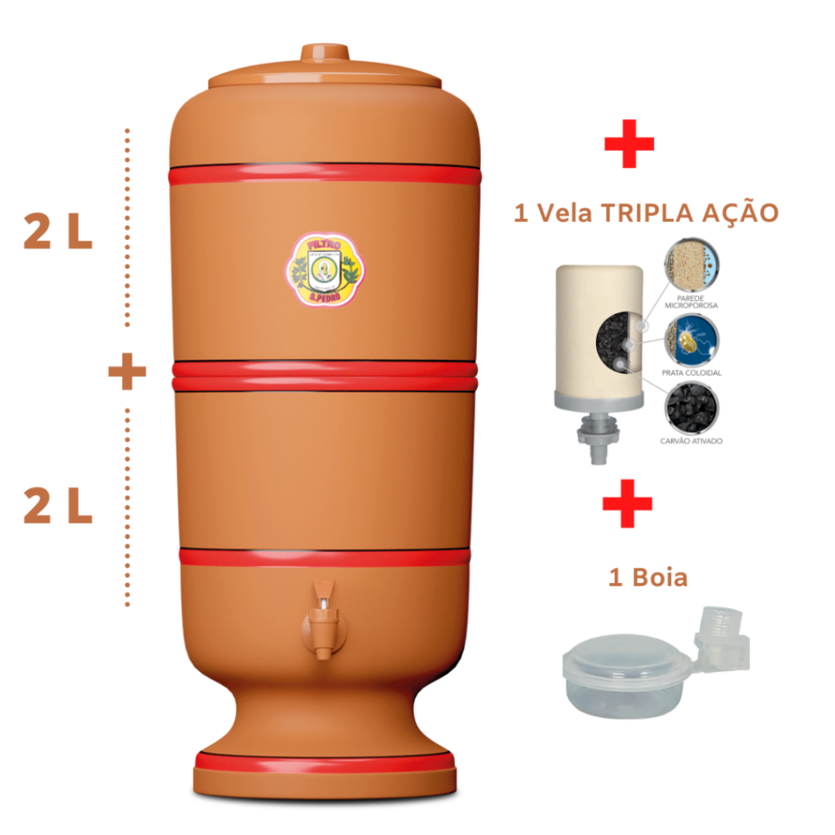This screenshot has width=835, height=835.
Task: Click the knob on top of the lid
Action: click(x=325, y=53)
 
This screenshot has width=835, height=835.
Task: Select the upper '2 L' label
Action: click(x=58, y=235)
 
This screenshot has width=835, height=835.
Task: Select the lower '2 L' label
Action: click(x=58, y=508)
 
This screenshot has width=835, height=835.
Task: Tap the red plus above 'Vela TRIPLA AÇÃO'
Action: click(x=629, y=144)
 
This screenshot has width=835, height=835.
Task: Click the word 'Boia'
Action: click(x=660, y=578)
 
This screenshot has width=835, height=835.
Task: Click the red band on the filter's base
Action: click(x=325, y=762)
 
